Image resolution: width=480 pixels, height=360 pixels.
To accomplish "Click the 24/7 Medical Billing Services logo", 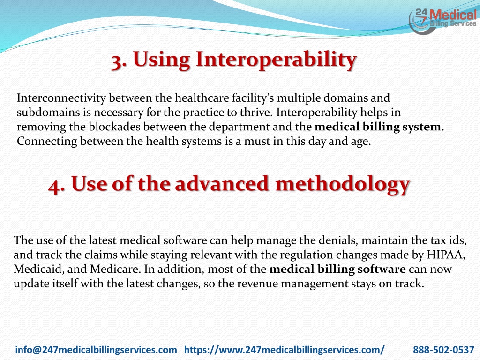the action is (442, 21).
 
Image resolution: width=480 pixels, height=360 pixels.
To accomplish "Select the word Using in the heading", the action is (161, 60).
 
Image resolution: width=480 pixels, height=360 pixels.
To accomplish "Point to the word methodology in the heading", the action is (343, 185).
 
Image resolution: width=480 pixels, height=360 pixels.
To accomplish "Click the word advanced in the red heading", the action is (222, 184).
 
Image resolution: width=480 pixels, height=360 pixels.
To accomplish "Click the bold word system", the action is (421, 127).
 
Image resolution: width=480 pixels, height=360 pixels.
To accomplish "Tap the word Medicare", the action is (115, 269).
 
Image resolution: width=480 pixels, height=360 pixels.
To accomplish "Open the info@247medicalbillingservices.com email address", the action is (96, 350).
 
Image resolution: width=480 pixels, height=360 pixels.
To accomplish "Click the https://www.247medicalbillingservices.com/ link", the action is (285, 350).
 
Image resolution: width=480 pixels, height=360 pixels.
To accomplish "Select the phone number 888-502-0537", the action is (443, 350).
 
